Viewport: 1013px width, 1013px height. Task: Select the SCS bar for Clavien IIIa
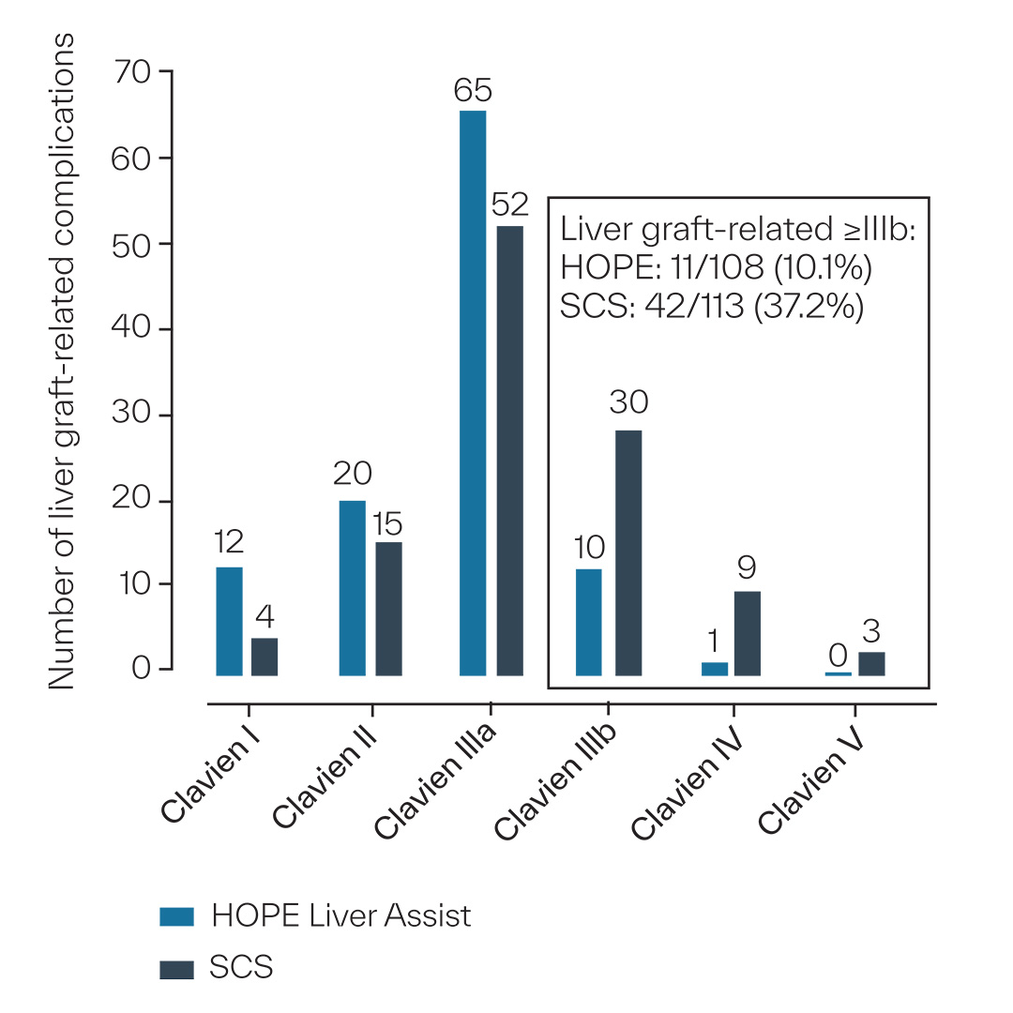tap(509, 450)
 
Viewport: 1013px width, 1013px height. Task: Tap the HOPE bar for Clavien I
tap(229, 620)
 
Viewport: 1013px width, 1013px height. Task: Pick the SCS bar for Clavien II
tap(388, 608)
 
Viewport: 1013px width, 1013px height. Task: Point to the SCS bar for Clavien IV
tap(748, 632)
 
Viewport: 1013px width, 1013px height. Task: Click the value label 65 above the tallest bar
tap(473, 91)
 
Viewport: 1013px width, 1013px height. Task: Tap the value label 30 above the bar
tap(628, 403)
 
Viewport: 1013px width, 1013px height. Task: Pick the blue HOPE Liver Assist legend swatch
tap(177, 916)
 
